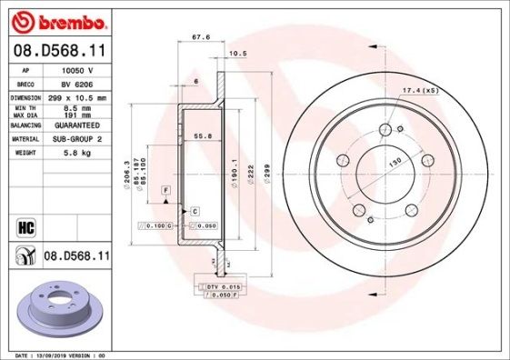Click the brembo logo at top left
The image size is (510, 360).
pos(56,18)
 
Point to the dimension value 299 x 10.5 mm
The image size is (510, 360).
pos(76,96)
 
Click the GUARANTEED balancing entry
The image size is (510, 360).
pos(75,125)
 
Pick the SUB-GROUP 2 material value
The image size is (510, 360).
pos(75,139)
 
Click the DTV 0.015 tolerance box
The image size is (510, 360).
pos(220,287)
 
